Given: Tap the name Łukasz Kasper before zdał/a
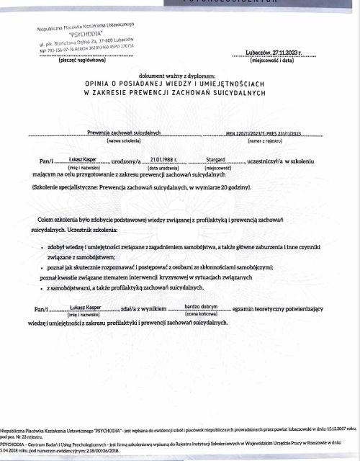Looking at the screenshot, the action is (84, 308).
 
